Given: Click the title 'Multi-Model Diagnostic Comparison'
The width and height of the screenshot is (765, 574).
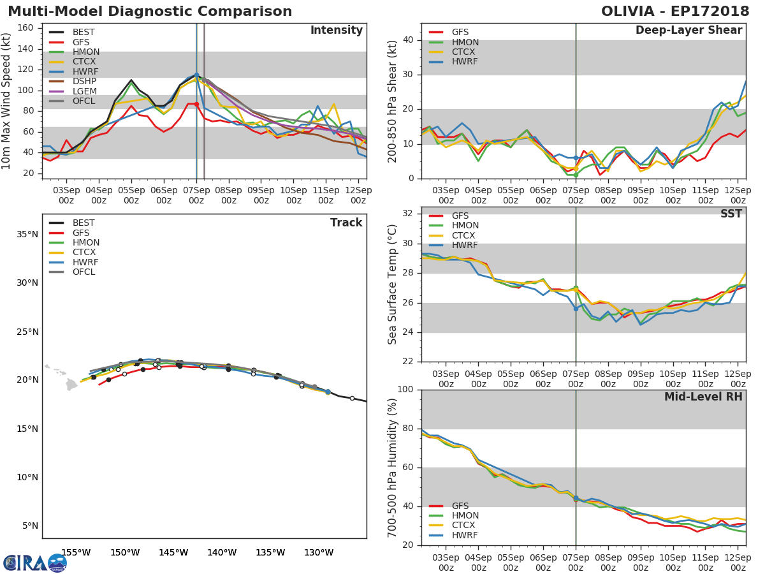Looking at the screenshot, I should click(150, 11).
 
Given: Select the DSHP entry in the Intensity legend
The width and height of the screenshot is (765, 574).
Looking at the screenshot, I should click(84, 82).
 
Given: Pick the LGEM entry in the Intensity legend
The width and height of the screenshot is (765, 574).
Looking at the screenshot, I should click(84, 92).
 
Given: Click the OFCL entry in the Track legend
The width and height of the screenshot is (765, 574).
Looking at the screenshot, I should click(84, 272).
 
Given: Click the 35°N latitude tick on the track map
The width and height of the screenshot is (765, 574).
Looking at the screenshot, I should click(26, 234).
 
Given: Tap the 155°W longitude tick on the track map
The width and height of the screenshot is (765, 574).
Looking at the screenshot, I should click(75, 552).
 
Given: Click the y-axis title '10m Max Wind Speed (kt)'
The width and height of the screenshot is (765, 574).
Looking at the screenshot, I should click(7, 102).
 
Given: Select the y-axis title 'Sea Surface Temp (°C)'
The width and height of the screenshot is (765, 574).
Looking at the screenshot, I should click(393, 284).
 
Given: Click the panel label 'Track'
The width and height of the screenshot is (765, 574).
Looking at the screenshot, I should click(346, 223).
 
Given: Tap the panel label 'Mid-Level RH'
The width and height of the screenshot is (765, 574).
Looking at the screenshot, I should click(703, 397).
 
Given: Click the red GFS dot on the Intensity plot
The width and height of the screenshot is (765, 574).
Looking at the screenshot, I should click(196, 104).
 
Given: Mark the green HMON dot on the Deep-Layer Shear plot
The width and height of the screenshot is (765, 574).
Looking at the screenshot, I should click(576, 175).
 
